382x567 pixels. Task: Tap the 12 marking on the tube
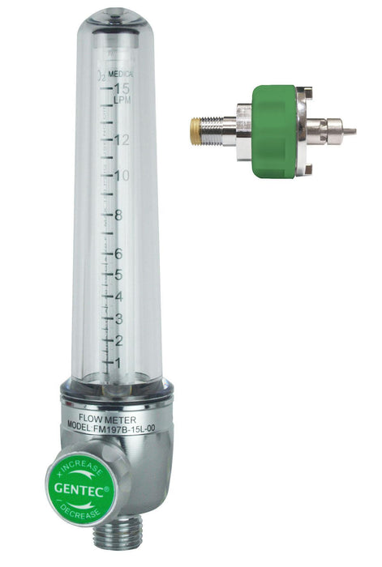[122, 139]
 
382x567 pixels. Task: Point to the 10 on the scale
[122, 176]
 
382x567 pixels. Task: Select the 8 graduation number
[118, 215]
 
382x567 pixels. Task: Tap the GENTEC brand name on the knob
[80, 489]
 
